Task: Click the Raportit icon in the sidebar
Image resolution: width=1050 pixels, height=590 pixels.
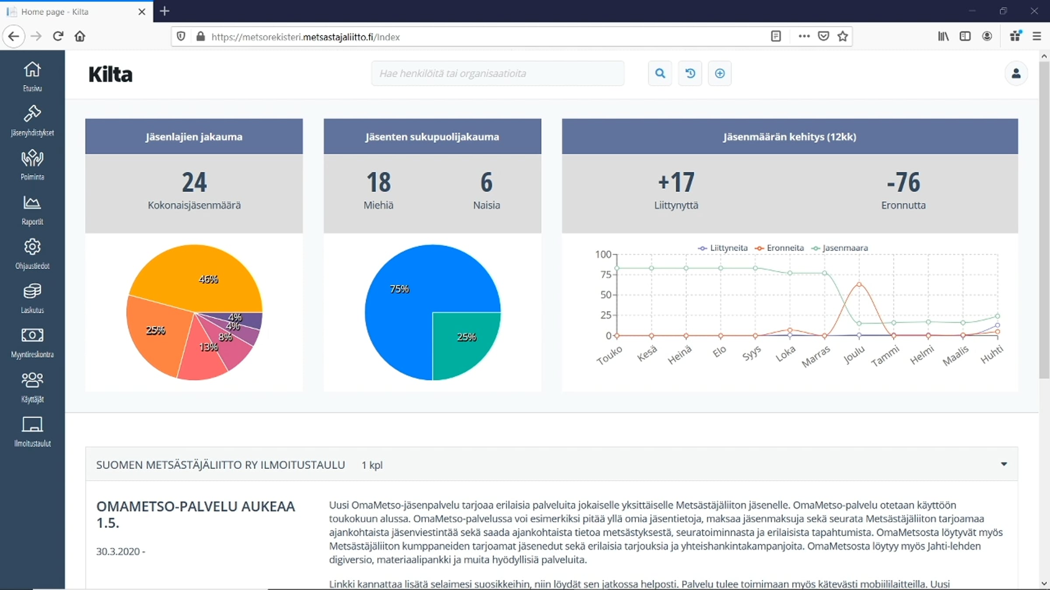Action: tap(32, 203)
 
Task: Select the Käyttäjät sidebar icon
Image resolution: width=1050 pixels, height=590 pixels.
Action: tap(32, 380)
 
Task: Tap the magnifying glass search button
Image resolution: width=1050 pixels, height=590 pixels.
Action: tap(660, 73)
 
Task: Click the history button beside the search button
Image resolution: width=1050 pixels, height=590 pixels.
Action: tap(690, 73)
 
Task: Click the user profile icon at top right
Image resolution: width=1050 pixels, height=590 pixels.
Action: tap(1016, 73)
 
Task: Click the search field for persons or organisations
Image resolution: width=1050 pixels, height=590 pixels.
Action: tap(497, 73)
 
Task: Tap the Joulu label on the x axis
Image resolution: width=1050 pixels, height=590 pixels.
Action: tap(854, 355)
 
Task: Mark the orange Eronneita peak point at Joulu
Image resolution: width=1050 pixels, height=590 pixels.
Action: tap(859, 285)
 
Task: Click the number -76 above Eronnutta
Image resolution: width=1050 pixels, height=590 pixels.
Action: tap(903, 182)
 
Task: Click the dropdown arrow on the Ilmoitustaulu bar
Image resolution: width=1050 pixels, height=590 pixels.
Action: tap(1004, 464)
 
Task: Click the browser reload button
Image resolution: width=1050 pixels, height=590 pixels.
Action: tap(58, 36)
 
